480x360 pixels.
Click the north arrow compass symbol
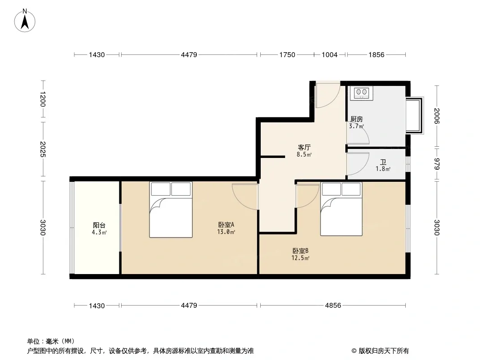coord(25,21)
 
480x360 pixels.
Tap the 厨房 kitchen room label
coord(357,119)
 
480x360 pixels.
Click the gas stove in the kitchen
coord(362,93)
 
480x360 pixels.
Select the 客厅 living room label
coord(304,148)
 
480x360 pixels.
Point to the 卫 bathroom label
coord(383,162)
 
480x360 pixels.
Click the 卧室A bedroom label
coord(226,225)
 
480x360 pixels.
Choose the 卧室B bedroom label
coord(300,251)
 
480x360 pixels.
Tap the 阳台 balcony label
coord(99,225)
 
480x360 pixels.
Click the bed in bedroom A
coord(171,210)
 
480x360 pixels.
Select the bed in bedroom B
coord(341,209)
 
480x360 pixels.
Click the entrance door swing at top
coord(328,94)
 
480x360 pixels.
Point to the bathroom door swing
coord(358,164)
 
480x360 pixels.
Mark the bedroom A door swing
coord(245,197)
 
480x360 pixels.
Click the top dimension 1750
coord(287,55)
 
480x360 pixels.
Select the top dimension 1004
coord(330,55)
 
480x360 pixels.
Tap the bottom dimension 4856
coord(333,305)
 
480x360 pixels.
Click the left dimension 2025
coord(42,149)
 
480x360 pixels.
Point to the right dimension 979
coord(437,164)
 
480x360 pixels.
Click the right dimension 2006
coord(437,116)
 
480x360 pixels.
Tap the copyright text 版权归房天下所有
coord(384,351)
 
